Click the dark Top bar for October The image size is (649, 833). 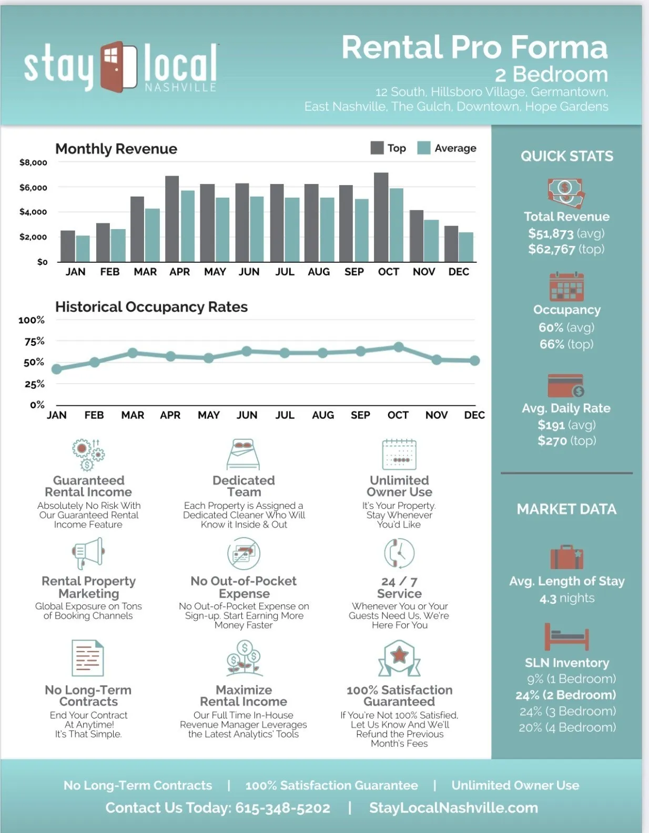pos(381,217)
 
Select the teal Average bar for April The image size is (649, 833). pos(188,226)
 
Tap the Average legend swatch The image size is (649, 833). pos(424,148)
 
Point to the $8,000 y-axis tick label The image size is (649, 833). pos(33,162)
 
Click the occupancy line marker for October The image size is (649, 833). pos(399,347)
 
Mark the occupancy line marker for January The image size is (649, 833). pos(57,369)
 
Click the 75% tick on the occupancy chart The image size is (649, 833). pos(34,342)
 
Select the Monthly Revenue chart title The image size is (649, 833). pos(116,149)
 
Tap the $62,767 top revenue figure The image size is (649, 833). pos(552,249)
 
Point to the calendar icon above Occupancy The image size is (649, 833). pos(566,286)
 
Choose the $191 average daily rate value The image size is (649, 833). pos(551,425)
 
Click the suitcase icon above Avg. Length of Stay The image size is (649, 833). pos(566,557)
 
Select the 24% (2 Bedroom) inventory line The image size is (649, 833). pos(566,695)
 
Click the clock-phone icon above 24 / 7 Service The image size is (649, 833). pos(399,553)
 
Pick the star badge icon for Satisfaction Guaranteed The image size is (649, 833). pos(399,657)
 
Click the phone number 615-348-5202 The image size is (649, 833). pos(282,808)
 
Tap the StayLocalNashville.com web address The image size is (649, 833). pos(453,808)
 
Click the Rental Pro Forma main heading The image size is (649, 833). pos(474,47)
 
